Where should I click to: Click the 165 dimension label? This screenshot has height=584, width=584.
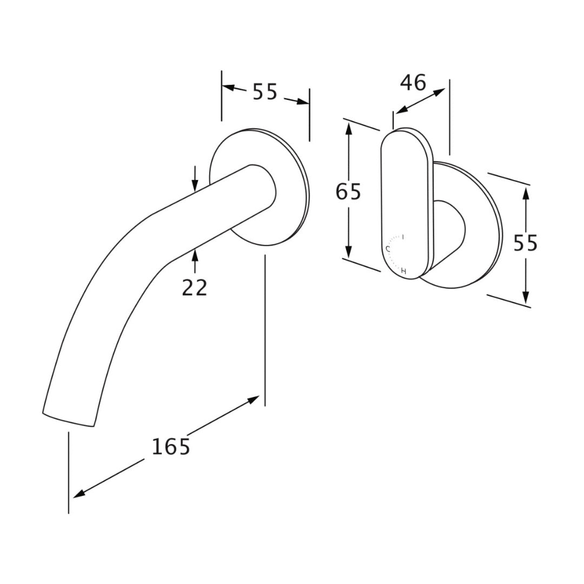171,447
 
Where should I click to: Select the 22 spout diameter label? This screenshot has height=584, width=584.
195,288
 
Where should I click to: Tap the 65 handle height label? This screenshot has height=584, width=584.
348,191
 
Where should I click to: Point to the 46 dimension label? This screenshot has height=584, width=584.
413,83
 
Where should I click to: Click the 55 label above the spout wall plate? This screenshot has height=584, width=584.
265,92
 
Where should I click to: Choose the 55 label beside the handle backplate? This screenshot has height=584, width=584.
526,243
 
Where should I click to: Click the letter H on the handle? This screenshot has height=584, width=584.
403,270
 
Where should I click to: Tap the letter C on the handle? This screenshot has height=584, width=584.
388,249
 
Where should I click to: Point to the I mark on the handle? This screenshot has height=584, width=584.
403,237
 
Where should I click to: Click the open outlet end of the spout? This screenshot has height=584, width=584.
69,420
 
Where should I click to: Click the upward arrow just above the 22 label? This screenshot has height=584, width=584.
195,255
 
